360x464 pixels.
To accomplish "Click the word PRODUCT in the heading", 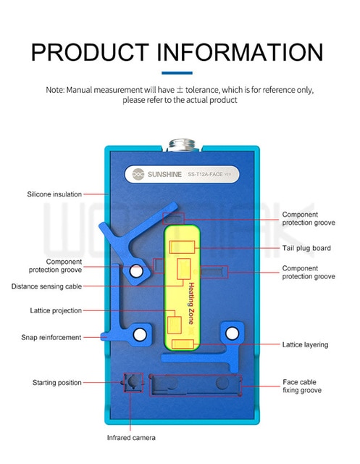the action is tap(90, 52).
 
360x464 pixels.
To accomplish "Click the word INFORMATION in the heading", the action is tap(240, 52).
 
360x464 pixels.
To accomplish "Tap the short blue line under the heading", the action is tap(177, 72).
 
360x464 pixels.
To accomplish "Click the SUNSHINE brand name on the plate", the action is tap(164, 174).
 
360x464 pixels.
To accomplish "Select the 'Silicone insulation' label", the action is tap(54, 194).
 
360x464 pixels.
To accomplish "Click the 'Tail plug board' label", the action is tap(306, 248).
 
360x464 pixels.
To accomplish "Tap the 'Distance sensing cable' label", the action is tap(46, 286).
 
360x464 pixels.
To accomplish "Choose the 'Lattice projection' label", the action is tap(56, 310).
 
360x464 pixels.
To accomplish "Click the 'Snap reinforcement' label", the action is tap(51, 337).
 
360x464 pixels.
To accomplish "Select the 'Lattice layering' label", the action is tap(305, 344).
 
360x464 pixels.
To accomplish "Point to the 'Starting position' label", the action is tap(57, 382).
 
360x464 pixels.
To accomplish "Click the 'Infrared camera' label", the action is tap(131, 438).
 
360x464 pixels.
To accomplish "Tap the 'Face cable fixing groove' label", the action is tap(302, 386).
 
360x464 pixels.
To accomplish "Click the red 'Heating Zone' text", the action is tap(191, 303).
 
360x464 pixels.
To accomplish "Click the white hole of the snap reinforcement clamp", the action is tap(140, 334).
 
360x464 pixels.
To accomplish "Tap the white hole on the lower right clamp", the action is tap(232, 333).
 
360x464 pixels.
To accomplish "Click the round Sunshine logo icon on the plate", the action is tap(138, 174).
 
